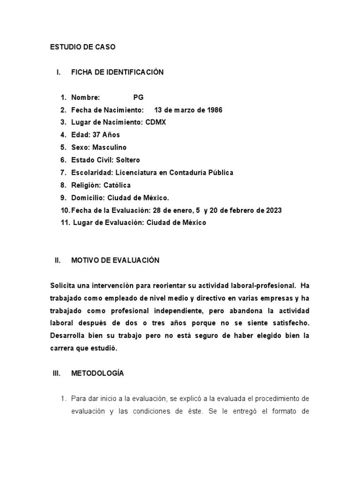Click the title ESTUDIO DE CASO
(82, 47)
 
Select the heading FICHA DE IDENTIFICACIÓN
(117, 72)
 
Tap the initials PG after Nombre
(138, 97)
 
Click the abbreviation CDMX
(156, 122)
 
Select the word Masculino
(110, 147)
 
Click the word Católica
(117, 185)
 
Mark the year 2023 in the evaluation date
(272, 210)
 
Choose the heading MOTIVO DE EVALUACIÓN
(115, 260)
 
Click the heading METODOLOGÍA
(97, 373)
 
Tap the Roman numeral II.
(58, 260)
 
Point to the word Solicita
(64, 285)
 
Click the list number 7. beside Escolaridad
(63, 172)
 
